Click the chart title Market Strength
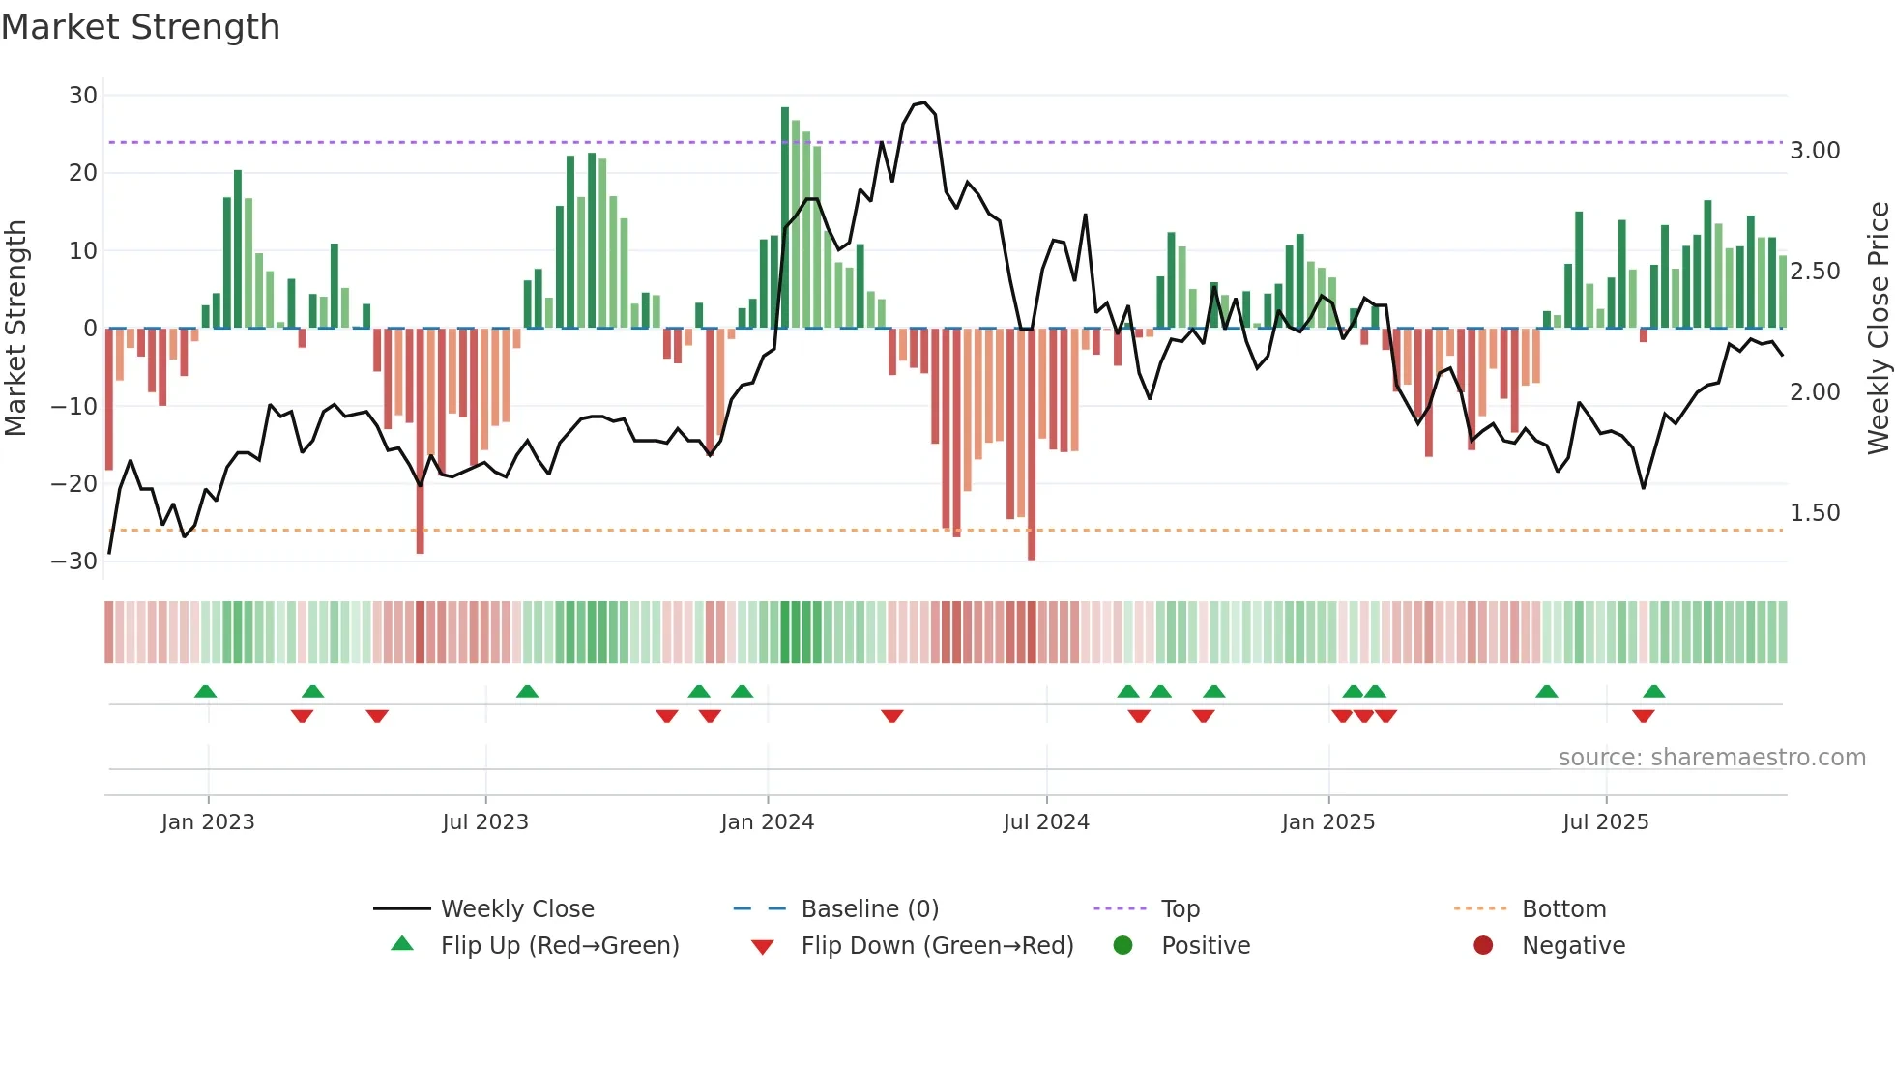click(x=140, y=27)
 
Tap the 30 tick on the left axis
click(x=83, y=96)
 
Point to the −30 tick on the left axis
click(x=74, y=561)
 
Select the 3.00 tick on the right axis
click(x=1815, y=151)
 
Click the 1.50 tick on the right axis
click(x=1815, y=513)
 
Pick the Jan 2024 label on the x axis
click(x=768, y=822)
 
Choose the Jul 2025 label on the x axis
click(x=1605, y=822)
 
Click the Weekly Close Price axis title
click(x=1878, y=329)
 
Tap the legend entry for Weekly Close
click(x=517, y=909)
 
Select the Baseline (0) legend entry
click(x=869, y=909)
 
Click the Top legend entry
click(x=1180, y=909)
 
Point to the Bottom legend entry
click(x=1563, y=909)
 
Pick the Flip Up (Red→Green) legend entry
click(x=560, y=946)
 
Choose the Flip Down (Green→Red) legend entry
click(x=937, y=946)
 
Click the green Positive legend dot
click(x=1122, y=945)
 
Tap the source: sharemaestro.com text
click(x=1711, y=758)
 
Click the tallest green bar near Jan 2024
click(x=785, y=217)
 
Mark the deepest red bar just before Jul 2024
click(x=1032, y=445)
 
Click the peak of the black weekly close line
click(x=924, y=102)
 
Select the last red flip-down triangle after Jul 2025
click(x=1643, y=716)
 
